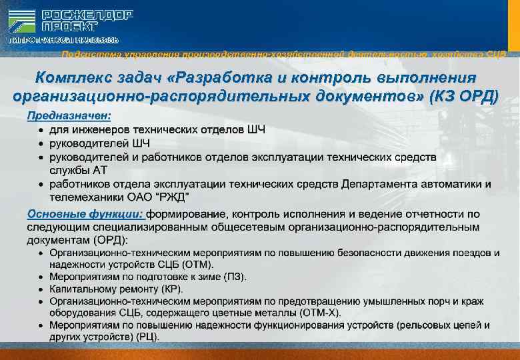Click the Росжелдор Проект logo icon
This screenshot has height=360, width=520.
(22, 21)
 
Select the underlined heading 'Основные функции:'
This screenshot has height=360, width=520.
(85, 215)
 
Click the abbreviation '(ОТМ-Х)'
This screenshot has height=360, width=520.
(319, 313)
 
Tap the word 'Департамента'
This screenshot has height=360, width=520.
(381, 184)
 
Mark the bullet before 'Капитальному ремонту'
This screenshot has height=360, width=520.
(42, 289)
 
